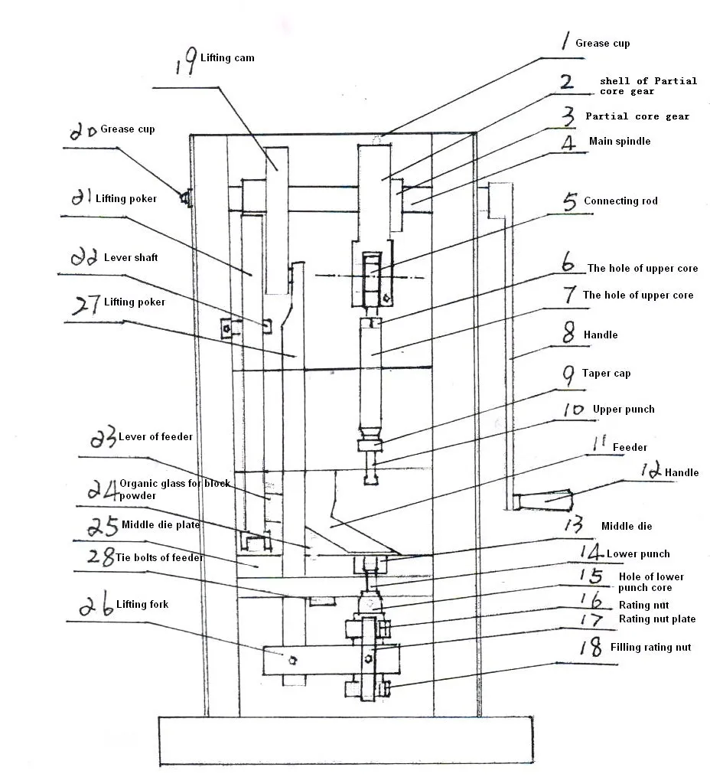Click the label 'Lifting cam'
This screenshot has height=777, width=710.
[x=227, y=58]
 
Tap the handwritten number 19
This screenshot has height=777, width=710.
[x=184, y=62]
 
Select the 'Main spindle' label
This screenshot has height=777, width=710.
[x=620, y=142]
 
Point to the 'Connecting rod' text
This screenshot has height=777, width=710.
[x=620, y=201]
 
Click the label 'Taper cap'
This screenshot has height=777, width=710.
[x=607, y=374]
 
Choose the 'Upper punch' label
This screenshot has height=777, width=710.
[x=624, y=410]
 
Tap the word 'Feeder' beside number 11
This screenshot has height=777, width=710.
[x=630, y=447]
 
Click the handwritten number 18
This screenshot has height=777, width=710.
[x=589, y=648]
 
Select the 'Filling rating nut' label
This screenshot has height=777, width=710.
[x=650, y=648]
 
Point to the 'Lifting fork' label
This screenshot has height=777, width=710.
[x=142, y=605]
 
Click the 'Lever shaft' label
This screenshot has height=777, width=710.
[x=131, y=258]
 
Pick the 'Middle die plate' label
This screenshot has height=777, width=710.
[x=161, y=525]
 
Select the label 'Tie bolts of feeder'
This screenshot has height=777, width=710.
[x=160, y=557]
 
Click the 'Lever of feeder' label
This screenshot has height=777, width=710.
[x=155, y=437]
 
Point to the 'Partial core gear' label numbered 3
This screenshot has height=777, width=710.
[x=637, y=116]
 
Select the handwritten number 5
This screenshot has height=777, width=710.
[x=570, y=202]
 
